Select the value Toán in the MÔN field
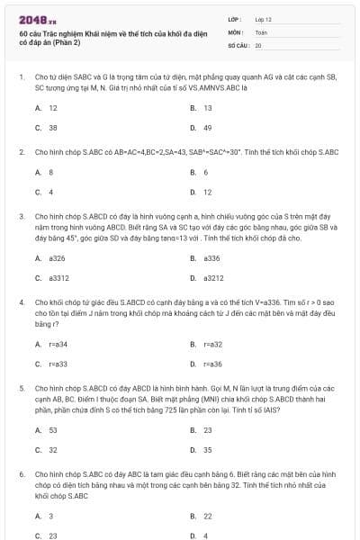click(x=261, y=31)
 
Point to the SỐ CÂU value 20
click(x=258, y=44)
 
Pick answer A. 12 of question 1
click(x=47, y=107)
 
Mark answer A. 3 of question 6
click(x=45, y=516)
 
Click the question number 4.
click(x=21, y=302)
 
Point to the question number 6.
click(x=21, y=473)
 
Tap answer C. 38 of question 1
click(x=47, y=128)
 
